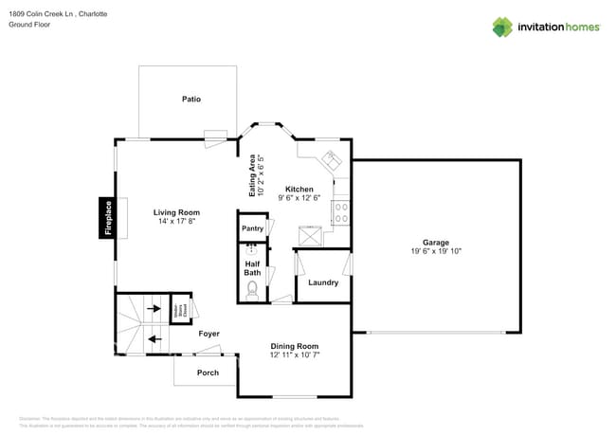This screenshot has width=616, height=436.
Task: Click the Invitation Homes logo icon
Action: coord(502,27)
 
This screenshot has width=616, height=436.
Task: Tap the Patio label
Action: coord(191,100)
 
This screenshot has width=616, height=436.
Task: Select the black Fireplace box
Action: coord(108,217)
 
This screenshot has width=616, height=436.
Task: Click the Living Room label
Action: coord(176,212)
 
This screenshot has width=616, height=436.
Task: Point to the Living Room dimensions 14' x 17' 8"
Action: coord(176,222)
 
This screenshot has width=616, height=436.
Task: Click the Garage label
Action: coord(436,242)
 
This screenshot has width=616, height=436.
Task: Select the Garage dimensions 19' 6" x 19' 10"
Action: coord(436,251)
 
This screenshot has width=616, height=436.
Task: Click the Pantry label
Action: coord(252,228)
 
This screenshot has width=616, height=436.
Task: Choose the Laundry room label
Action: coord(322,282)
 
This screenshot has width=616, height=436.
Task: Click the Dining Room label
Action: coord(295,346)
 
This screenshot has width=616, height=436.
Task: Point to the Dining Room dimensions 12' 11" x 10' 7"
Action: coord(295,355)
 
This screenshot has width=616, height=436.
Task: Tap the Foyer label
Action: coord(208,334)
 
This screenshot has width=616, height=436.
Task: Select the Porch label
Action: coord(208,372)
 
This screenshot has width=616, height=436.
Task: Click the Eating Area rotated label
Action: coord(251,175)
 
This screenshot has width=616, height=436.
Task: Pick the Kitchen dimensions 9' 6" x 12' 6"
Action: coord(299,198)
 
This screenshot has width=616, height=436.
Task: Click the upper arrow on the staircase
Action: coord(154,308)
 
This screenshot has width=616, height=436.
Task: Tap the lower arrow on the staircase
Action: coord(154,336)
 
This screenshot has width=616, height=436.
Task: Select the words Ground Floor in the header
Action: coord(29,25)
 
